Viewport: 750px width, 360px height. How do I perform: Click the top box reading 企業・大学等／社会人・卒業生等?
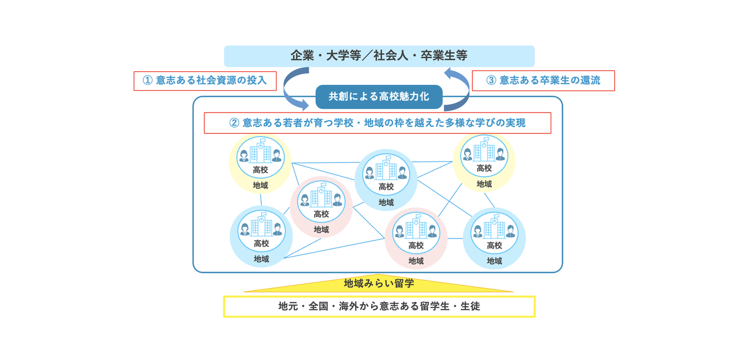coord(379,55)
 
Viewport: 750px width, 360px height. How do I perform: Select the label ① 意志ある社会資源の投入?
coord(205,81)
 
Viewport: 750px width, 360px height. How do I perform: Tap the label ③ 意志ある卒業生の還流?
coord(543,81)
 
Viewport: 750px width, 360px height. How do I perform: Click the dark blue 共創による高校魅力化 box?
coord(379,96)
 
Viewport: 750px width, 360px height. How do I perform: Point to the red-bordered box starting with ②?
coord(377,123)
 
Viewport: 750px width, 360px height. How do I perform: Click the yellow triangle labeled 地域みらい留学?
coord(379,283)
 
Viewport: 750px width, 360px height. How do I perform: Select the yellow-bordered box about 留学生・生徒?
coord(379,306)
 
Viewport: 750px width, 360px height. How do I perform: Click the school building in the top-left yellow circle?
coord(260,152)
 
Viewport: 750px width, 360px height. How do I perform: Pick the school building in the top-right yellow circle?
coord(484,151)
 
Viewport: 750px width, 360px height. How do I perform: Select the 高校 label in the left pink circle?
coord(321,214)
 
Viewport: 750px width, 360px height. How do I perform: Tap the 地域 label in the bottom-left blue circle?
coord(261,259)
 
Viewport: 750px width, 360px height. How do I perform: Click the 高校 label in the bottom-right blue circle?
coord(494,245)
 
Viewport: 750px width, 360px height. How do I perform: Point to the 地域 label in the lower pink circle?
coord(416,260)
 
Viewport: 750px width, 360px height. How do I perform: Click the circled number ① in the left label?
coord(147,81)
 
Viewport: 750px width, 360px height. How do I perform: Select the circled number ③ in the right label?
coord(491,81)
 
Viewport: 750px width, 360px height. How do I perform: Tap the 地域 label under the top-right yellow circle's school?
coord(484,184)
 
